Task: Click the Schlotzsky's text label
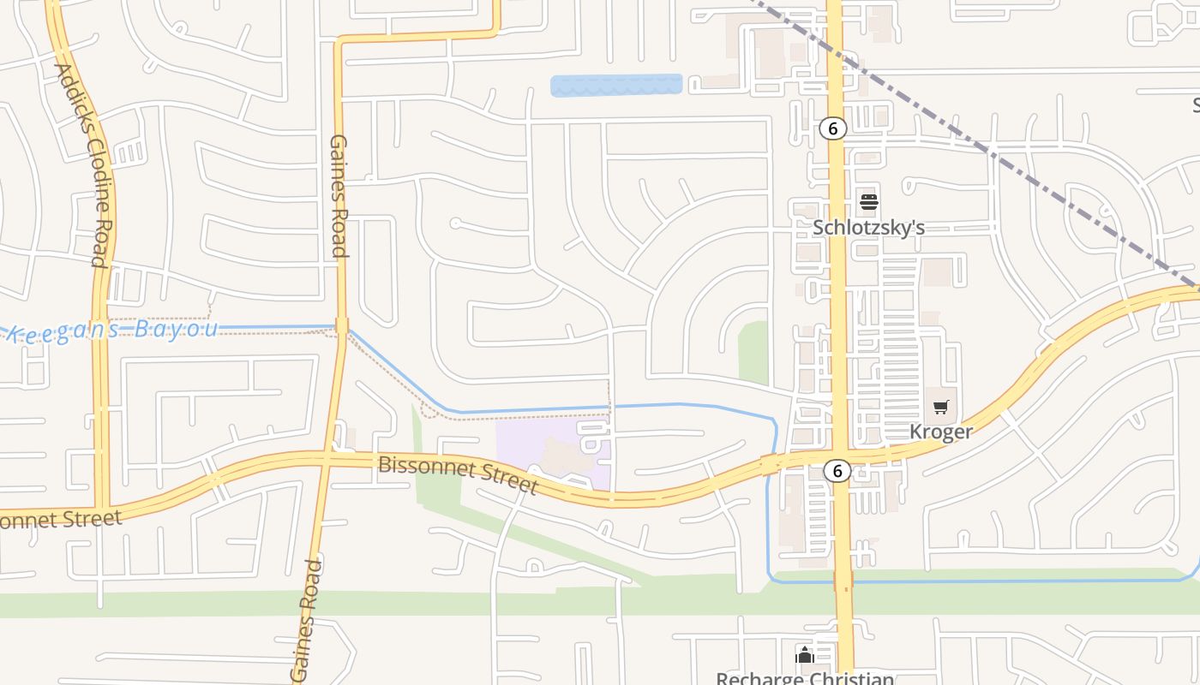tap(868, 228)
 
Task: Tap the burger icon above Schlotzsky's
tap(868, 203)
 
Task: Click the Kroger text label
tap(940, 432)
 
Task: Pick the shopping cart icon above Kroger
tap(941, 408)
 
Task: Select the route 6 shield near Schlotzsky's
tap(832, 128)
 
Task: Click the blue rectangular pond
tap(615, 85)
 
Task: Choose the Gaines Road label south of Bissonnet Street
tap(306, 620)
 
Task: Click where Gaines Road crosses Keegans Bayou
tap(341, 326)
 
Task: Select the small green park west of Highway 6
tap(754, 351)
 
